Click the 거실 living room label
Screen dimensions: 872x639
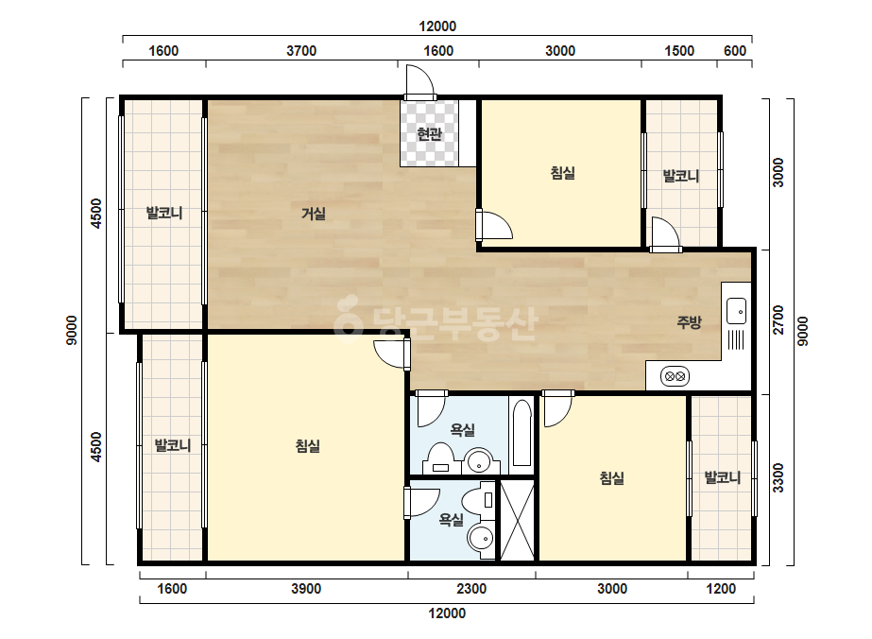[313, 214]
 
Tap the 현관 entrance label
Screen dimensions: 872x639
[429, 133]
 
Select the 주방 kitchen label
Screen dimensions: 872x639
[689, 321]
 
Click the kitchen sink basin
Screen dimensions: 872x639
[736, 311]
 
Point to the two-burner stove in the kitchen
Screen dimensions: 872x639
[675, 377]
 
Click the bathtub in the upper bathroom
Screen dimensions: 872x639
[521, 433]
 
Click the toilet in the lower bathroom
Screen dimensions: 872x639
[481, 500]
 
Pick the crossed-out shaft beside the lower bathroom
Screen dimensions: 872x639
[517, 521]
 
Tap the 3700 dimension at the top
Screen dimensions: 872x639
[301, 51]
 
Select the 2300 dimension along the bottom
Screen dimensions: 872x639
[471, 588]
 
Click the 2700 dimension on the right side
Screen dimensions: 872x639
[778, 319]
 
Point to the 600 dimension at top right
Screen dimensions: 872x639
[735, 51]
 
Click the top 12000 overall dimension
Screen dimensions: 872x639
[437, 26]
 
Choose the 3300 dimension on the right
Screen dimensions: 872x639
[778, 477]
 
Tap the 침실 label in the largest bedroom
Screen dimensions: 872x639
[308, 446]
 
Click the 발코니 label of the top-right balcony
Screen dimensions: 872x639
[681, 176]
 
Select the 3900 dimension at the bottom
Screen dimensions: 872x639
[306, 588]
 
